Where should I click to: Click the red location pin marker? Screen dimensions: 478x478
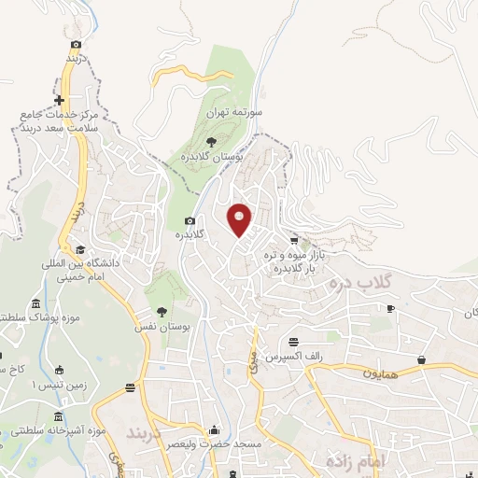pyautogui.click(x=240, y=218)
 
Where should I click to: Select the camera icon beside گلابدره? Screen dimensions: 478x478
pyautogui.click(x=190, y=221)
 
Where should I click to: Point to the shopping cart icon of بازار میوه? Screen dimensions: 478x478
pyautogui.click(x=294, y=241)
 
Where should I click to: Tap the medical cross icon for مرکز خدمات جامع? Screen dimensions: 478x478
pyautogui.click(x=60, y=100)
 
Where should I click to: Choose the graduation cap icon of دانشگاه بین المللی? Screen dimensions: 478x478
pyautogui.click(x=80, y=249)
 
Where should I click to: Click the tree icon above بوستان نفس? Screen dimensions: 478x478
pyautogui.click(x=162, y=312)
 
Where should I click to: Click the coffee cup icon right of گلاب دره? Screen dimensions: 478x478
pyautogui.click(x=391, y=309)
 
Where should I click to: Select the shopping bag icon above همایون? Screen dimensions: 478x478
pyautogui.click(x=422, y=358)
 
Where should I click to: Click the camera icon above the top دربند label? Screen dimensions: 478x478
pyautogui.click(x=76, y=44)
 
